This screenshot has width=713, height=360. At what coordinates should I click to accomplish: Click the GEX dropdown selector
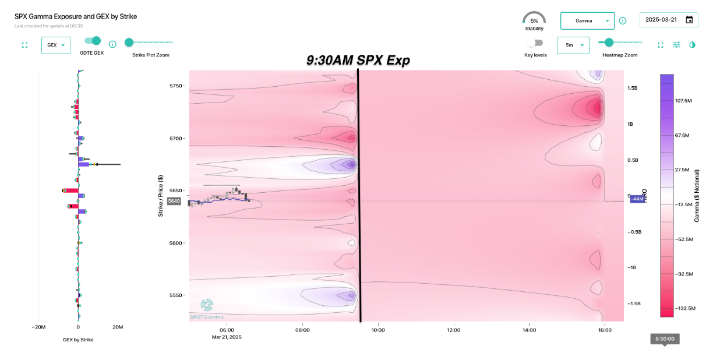(x=56, y=45)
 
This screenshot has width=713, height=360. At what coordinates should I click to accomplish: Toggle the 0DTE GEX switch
(x=92, y=41)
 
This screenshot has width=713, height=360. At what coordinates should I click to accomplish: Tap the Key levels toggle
(x=534, y=43)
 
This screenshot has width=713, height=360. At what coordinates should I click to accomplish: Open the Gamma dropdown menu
(x=587, y=21)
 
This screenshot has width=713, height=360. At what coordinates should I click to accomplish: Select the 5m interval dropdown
(x=573, y=45)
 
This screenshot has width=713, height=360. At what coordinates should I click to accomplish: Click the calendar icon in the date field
(x=689, y=20)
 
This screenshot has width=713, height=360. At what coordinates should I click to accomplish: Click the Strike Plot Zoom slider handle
(x=129, y=42)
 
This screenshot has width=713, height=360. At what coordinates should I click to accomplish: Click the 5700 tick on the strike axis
(x=177, y=139)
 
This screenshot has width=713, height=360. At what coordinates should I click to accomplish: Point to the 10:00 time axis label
(x=378, y=330)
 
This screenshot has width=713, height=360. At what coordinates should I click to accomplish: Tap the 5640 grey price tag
(x=174, y=201)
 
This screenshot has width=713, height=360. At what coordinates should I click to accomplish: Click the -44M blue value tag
(x=637, y=199)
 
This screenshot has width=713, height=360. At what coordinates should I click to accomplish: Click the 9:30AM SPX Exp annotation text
(x=358, y=61)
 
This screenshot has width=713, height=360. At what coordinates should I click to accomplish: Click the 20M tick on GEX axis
(x=118, y=327)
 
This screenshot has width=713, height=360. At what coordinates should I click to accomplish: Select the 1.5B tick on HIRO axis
(x=634, y=88)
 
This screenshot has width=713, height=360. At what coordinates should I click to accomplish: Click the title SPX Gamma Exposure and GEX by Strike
(x=76, y=17)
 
